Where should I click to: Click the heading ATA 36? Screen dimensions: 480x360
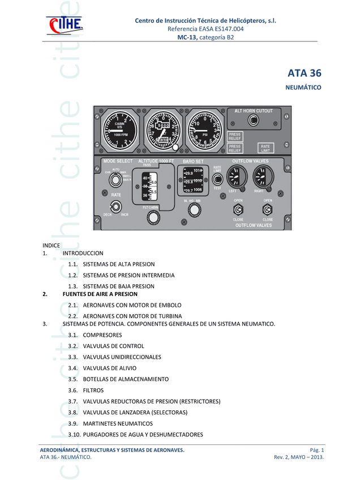(x=304, y=73)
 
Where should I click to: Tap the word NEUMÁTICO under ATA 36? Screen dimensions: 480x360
(x=305, y=88)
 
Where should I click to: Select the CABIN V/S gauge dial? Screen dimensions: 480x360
(x=119, y=130)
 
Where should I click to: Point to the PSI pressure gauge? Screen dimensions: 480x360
(x=204, y=131)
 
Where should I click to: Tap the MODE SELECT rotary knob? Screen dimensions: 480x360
(x=115, y=180)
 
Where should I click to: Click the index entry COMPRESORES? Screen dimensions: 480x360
(x=102, y=335)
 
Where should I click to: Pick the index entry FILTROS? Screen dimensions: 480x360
(x=93, y=390)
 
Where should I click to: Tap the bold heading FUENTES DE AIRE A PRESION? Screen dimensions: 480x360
(x=100, y=294)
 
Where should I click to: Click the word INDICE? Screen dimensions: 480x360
(x=52, y=245)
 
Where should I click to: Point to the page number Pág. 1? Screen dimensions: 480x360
(x=314, y=449)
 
